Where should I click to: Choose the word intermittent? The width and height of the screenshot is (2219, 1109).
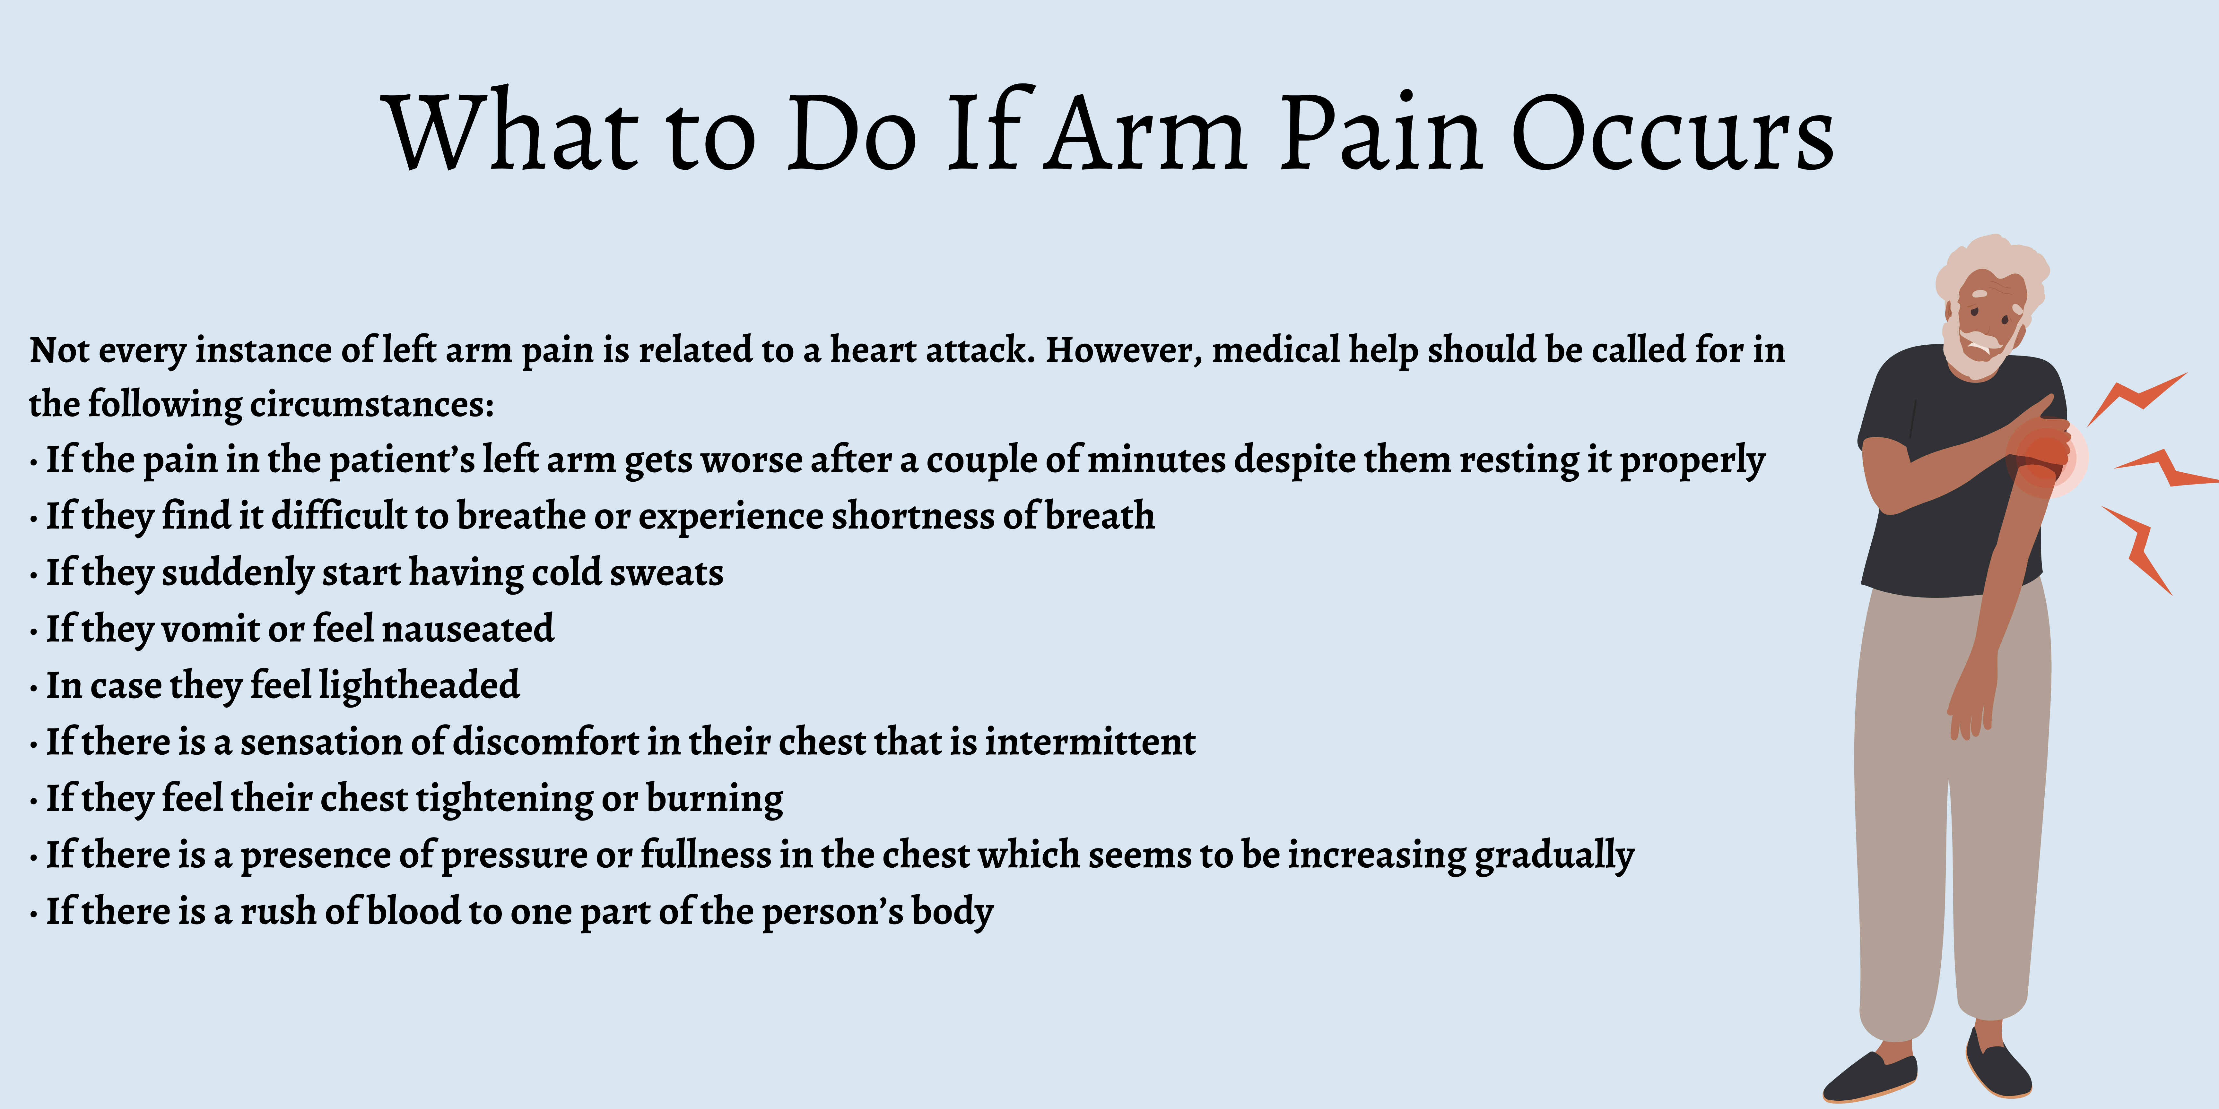pyautogui.click(x=1090, y=741)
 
